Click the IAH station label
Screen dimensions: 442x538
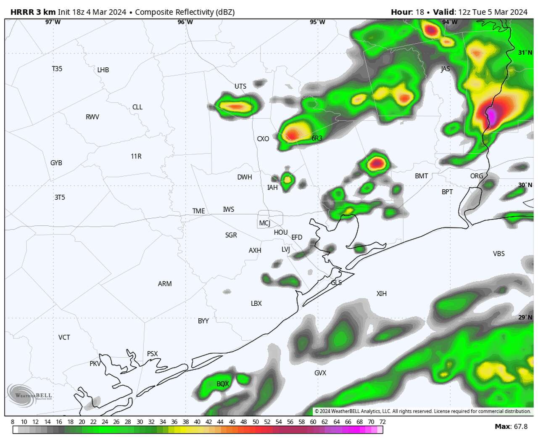272,188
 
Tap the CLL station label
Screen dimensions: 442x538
137,107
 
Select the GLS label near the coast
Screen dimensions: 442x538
336,283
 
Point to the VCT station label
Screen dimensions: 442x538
64,337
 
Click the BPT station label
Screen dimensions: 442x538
447,192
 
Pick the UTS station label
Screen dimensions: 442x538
240,86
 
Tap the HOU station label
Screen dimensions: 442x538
281,232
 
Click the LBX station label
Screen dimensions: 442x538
256,303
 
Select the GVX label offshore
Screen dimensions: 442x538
320,373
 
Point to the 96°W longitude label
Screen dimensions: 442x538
185,22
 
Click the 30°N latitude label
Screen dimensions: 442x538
525,185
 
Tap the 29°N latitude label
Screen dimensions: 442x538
525,317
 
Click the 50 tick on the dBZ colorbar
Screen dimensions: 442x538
256,422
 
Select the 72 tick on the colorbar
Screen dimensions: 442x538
382,422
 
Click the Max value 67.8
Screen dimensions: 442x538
520,426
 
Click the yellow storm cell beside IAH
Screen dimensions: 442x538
287,180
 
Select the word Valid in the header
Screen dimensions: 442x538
444,12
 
